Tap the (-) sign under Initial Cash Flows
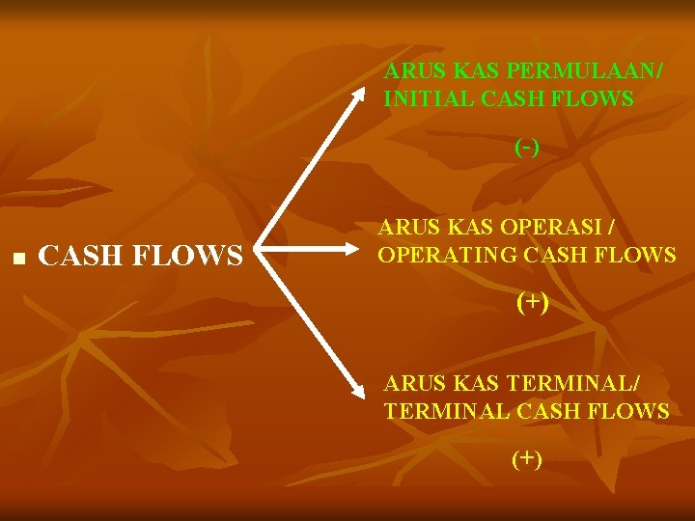click(x=527, y=148)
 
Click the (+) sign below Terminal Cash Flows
click(x=527, y=458)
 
